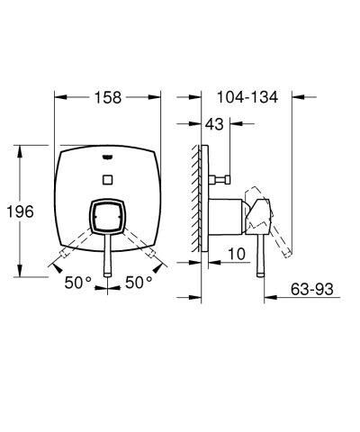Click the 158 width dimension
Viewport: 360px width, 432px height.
pyautogui.click(x=108, y=96)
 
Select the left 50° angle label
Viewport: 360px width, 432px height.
pyautogui.click(x=77, y=283)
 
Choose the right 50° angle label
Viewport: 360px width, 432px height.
pyautogui.click(x=139, y=283)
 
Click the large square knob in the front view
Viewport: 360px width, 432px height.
pyautogui.click(x=108, y=218)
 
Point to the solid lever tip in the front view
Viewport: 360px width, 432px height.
pyautogui.click(x=108, y=271)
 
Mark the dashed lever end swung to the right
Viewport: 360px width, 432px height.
pyautogui.click(x=155, y=262)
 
